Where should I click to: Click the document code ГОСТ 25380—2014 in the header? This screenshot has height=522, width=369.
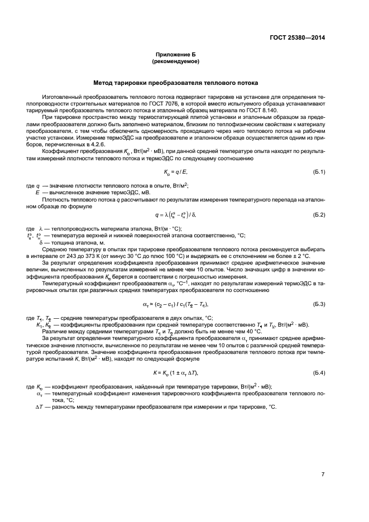pyautogui.click(x=297, y=38)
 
